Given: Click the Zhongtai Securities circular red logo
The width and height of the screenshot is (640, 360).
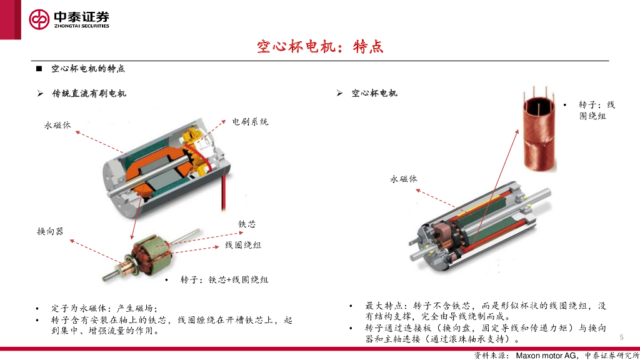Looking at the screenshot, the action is [x=39, y=19].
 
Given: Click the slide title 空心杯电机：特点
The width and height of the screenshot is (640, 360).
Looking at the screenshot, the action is [x=320, y=46].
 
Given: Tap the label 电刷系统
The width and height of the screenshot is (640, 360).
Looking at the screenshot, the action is [x=250, y=122].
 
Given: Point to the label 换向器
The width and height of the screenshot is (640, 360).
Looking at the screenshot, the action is [x=50, y=231].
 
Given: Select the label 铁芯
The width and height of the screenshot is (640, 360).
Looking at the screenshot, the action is [x=247, y=224].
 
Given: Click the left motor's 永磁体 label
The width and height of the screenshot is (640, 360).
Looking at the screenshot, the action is [x=57, y=125].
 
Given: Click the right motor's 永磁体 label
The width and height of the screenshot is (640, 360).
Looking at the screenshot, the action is [x=403, y=179].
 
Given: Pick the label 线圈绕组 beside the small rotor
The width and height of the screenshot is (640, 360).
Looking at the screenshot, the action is [x=243, y=245].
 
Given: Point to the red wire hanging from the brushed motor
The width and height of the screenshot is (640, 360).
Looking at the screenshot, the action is [x=223, y=192].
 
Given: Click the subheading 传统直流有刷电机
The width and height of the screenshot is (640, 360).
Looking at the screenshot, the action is [x=89, y=94].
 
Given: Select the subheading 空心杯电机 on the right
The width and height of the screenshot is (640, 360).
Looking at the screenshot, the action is [x=374, y=93].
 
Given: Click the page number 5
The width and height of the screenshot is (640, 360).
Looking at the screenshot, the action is [x=622, y=337].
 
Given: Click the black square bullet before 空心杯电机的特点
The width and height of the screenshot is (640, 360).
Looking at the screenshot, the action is [x=39, y=69].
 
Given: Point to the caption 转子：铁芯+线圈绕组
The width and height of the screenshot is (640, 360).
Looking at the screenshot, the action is [x=224, y=279].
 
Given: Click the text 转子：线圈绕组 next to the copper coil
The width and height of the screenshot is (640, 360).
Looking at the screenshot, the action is [x=596, y=110].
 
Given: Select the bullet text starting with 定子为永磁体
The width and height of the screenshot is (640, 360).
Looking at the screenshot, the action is [x=104, y=308].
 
